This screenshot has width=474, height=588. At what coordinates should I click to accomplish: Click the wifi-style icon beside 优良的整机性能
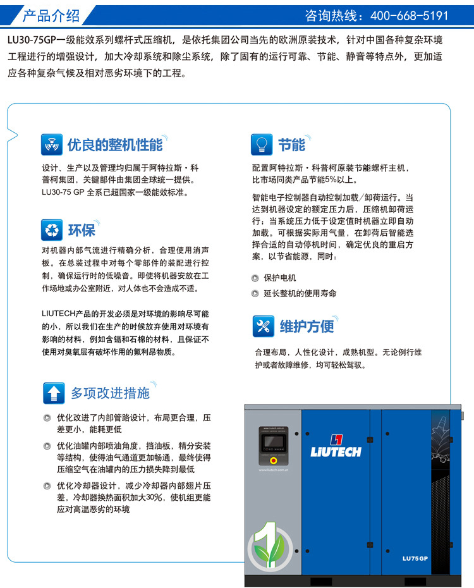[x=52, y=145]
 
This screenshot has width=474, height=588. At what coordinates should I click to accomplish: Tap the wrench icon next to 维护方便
[x=263, y=326]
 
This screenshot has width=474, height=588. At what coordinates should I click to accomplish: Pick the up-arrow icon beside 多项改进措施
[x=54, y=393]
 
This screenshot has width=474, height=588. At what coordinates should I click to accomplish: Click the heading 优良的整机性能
[x=115, y=145]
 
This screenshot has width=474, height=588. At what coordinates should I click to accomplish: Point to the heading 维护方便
[x=307, y=326]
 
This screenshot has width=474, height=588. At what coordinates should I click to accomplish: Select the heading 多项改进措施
[x=110, y=393]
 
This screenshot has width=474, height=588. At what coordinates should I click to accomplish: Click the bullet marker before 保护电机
[x=255, y=278]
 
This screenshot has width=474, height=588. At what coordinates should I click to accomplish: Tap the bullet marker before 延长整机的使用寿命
[x=255, y=293]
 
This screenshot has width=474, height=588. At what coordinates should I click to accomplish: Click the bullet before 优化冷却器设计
[x=47, y=486]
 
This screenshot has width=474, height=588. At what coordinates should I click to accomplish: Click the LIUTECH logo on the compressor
[x=335, y=445]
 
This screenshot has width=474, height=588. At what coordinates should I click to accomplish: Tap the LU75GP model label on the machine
[x=415, y=558]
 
